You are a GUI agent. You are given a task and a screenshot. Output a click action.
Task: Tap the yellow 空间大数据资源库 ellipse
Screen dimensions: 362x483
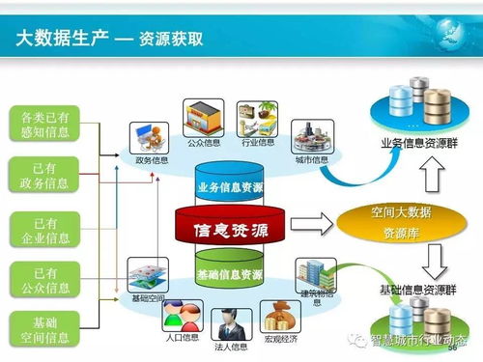tap(392, 223)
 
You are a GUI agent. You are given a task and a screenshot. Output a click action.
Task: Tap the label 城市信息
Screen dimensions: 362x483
tap(312, 159)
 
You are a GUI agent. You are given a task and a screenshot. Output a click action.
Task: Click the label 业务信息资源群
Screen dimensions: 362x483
tap(417, 143)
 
